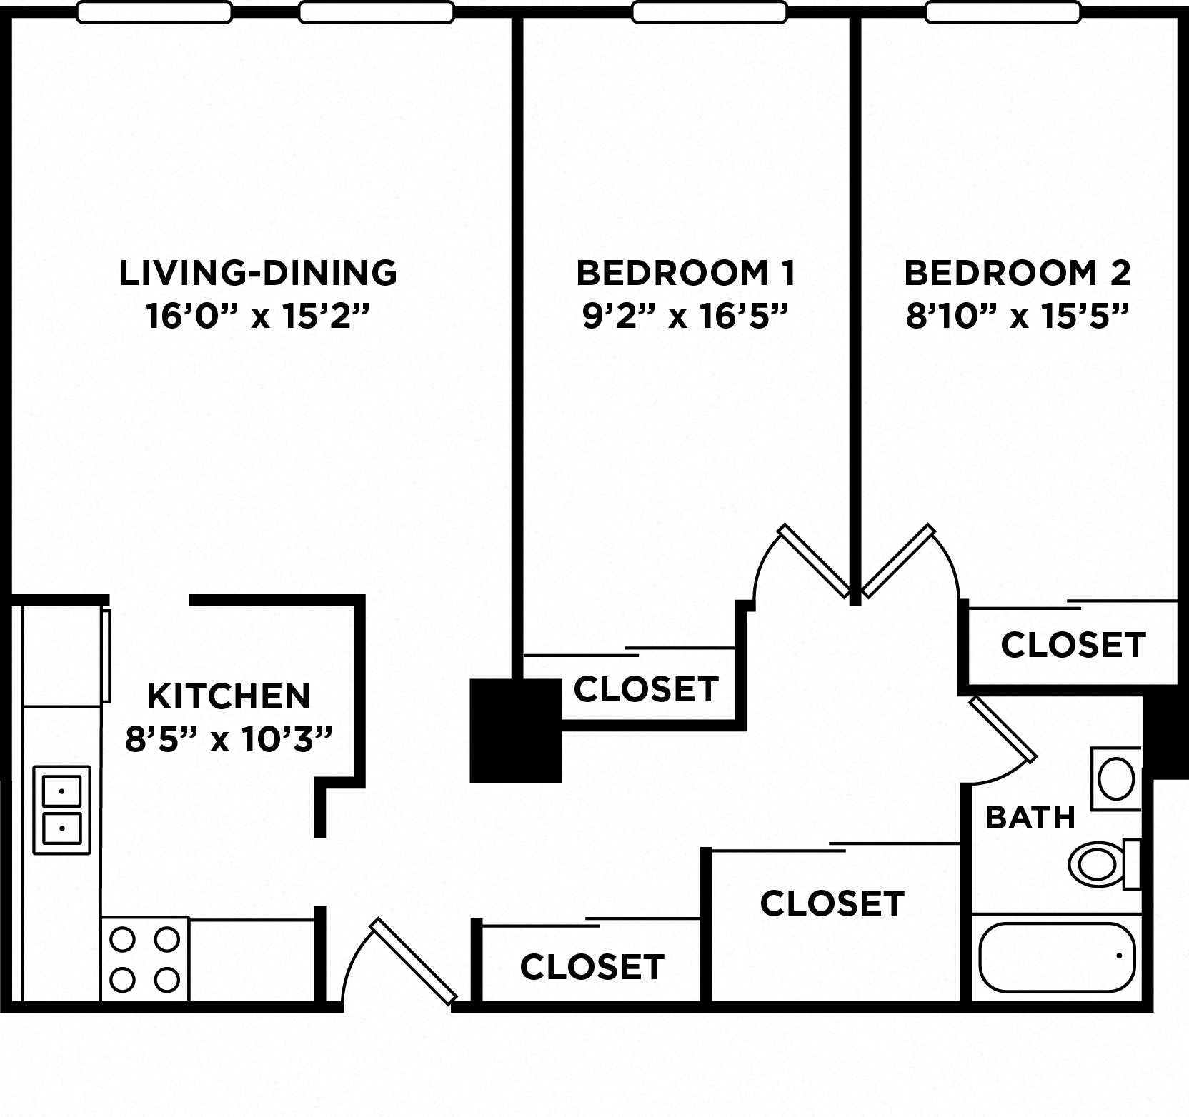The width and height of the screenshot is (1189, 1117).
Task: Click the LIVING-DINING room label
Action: [x=257, y=274]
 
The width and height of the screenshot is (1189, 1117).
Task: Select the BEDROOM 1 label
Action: [x=685, y=274]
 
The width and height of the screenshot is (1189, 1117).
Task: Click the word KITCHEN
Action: [x=229, y=696]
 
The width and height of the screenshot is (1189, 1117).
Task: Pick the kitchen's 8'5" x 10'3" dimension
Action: [x=229, y=740]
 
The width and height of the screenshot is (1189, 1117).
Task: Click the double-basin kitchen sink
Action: [x=62, y=810]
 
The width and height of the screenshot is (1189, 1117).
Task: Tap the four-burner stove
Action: [x=145, y=959]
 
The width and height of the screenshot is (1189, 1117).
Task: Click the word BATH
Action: [x=1030, y=817]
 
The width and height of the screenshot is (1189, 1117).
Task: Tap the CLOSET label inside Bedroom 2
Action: [x=1073, y=645]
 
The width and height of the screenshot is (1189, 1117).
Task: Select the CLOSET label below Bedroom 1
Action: [x=645, y=690]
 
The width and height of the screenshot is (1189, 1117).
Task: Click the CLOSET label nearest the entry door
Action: [x=592, y=967]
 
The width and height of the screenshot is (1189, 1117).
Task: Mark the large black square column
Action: [x=516, y=730]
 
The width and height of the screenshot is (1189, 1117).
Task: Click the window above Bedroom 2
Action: [x=1003, y=12]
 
